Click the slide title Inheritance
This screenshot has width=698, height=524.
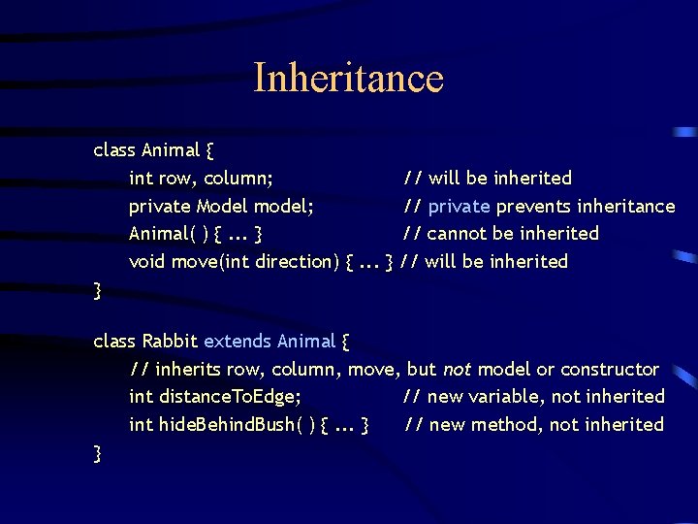coord(348,78)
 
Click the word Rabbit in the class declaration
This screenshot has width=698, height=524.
coord(170,342)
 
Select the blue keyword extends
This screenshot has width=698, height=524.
coord(238,342)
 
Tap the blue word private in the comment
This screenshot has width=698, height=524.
coord(460,206)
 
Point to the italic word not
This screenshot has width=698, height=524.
coord(458,369)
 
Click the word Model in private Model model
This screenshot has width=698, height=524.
coord(222,206)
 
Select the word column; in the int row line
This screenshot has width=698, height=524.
coord(238,179)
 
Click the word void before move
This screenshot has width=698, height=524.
coord(147,261)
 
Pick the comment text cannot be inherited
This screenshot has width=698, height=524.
coord(513,234)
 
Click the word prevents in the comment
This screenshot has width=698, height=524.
coord(533,206)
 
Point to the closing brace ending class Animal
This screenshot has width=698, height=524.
coord(97,289)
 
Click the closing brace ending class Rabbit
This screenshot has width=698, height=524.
coord(97,452)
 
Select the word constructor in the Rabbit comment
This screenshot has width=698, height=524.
coord(610,369)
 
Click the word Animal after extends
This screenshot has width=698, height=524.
coord(306,342)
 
